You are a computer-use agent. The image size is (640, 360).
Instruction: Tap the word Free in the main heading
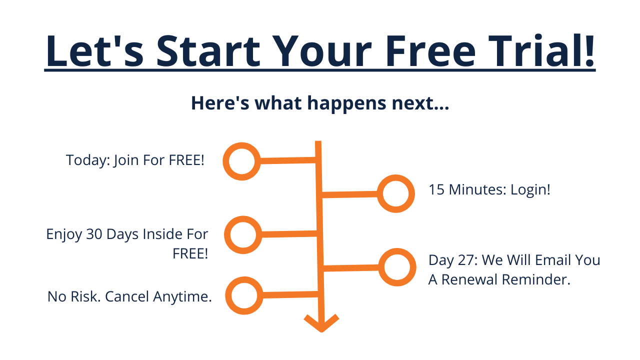(x=431, y=51)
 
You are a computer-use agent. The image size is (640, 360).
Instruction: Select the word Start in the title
(x=208, y=51)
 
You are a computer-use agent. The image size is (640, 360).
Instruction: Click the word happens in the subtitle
(x=346, y=103)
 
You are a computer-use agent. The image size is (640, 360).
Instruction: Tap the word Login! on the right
(x=530, y=189)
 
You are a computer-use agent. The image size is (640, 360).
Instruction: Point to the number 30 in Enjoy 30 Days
(x=94, y=234)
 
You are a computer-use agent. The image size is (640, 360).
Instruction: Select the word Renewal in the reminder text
(x=469, y=279)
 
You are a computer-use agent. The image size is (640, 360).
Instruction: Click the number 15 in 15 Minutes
(x=436, y=189)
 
